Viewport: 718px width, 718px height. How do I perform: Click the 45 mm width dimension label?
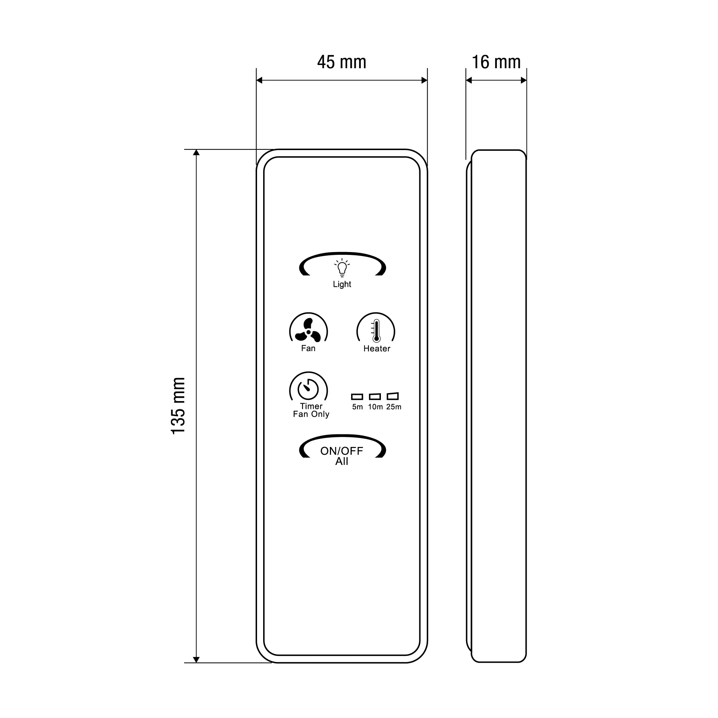coord(341,62)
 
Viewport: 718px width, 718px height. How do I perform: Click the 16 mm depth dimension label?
coord(496,62)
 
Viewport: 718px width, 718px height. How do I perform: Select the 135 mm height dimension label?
coord(178,405)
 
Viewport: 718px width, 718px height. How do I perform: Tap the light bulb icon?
coord(342,268)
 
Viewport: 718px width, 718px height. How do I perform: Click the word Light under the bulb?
coord(342,284)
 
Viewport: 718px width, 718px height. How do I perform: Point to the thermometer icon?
coord(376,330)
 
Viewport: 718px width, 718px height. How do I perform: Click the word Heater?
coord(377,349)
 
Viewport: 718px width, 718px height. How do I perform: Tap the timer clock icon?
coord(308,389)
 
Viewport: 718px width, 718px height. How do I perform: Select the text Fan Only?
coord(311,414)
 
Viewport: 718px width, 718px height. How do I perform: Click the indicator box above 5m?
coord(357,397)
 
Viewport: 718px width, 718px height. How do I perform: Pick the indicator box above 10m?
coord(375,397)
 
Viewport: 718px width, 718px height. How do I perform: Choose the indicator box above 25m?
coord(393,397)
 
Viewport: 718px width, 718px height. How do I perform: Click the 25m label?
coord(393,407)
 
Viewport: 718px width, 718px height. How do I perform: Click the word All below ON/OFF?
coord(342,462)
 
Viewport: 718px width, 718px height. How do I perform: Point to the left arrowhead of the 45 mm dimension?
coord(260,80)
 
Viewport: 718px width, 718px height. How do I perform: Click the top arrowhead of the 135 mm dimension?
coord(197,152)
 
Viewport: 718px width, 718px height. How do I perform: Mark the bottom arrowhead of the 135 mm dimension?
coord(197,659)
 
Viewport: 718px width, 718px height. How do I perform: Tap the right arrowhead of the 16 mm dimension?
coord(524,80)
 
